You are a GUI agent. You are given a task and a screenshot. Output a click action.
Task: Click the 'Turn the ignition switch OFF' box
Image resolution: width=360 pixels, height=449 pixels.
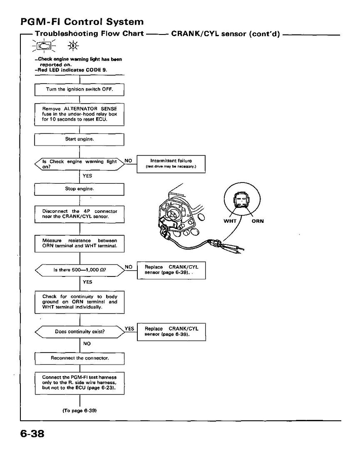tap(79, 90)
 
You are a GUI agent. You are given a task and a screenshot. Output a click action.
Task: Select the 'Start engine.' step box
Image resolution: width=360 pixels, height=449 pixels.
tap(79, 139)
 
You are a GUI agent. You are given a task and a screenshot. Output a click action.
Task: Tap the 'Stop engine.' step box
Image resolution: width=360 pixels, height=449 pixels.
tap(79, 189)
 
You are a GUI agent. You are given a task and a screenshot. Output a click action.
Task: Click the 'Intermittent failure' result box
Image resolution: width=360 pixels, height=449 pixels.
tap(171, 164)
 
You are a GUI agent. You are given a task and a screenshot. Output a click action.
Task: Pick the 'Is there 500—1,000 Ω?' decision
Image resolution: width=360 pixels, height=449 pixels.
tap(79, 270)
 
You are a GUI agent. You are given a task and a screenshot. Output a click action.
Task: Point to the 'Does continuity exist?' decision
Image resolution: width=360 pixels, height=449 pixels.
tap(79, 332)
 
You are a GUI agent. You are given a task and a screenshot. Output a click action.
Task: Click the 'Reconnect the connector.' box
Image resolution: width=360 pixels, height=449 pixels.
tap(79, 358)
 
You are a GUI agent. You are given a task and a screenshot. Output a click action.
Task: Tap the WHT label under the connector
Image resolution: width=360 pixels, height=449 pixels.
tap(230, 221)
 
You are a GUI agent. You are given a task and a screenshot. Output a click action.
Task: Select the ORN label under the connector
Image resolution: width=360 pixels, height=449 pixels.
tap(258, 221)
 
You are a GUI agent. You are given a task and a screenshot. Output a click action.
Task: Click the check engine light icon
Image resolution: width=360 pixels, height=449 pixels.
tap(44, 46)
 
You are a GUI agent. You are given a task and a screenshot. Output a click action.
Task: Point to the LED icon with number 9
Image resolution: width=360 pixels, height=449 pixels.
tap(73, 46)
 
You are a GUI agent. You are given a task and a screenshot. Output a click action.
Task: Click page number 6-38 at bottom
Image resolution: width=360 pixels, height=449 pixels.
tap(32, 434)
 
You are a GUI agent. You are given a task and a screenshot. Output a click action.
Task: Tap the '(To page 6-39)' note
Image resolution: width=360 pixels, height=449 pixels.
tap(79, 411)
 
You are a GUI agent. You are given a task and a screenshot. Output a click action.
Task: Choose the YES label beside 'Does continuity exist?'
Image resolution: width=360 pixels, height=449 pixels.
tap(129, 329)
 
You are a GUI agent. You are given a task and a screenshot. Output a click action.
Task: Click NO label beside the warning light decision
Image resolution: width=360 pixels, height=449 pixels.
tap(129, 160)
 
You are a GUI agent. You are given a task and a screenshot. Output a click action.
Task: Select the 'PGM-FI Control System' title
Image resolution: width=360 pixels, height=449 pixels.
tap(82, 22)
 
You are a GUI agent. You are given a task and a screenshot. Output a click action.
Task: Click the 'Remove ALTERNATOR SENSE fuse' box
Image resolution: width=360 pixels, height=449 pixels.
tap(79, 115)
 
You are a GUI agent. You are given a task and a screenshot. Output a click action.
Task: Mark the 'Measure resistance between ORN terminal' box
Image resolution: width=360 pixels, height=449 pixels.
tap(79, 244)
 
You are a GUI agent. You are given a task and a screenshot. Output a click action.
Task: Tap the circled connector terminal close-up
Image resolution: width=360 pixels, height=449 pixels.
tap(242, 200)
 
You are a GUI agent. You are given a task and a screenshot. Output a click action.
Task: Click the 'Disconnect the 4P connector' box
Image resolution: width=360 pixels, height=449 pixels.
tap(79, 214)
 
